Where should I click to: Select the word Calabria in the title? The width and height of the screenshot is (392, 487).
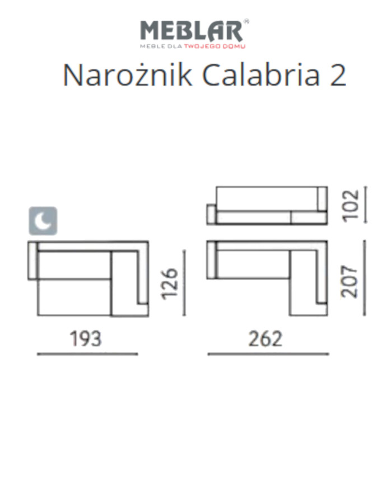pos(256,75)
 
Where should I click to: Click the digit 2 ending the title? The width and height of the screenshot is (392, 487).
pos(338,76)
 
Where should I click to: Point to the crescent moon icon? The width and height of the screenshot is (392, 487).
pos(44,221)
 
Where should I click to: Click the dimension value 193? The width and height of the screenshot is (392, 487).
pos(86,338)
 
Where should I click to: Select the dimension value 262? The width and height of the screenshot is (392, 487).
pos(267,338)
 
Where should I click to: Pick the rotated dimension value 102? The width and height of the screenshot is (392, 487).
pos(350,206)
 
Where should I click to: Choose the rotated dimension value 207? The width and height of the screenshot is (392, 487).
pos(350,281)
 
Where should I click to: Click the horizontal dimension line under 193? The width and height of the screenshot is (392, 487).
pos(87,354)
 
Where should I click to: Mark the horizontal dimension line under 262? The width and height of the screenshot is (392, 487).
pos(268,354)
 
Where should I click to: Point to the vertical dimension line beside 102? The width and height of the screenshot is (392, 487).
pos(365,205)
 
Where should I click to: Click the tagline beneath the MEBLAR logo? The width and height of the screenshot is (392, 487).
pos(193,47)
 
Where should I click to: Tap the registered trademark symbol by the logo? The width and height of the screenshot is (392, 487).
pos(246,21)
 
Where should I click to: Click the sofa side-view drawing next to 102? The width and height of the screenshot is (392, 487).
pos(267,206)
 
